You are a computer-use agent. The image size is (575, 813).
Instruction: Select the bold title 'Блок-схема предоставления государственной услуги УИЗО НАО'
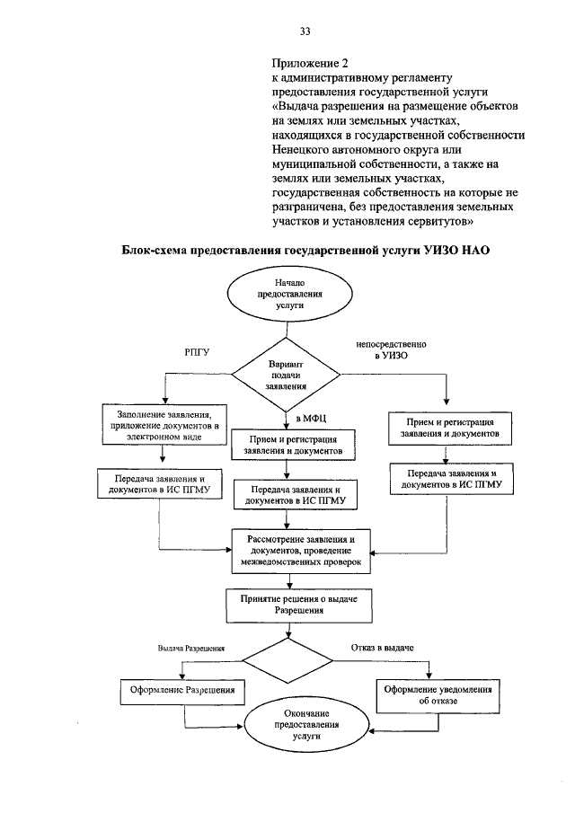[x=306, y=252]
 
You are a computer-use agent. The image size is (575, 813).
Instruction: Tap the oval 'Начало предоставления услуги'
[x=285, y=294]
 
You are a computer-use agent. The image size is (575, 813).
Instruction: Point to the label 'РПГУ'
[x=197, y=352]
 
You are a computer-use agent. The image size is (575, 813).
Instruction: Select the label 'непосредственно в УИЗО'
[x=392, y=350]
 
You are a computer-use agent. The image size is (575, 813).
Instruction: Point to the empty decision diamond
[x=286, y=663]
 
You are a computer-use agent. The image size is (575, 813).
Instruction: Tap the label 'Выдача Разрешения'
[x=190, y=648]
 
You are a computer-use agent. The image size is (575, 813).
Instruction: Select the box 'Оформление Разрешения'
[x=183, y=691]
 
